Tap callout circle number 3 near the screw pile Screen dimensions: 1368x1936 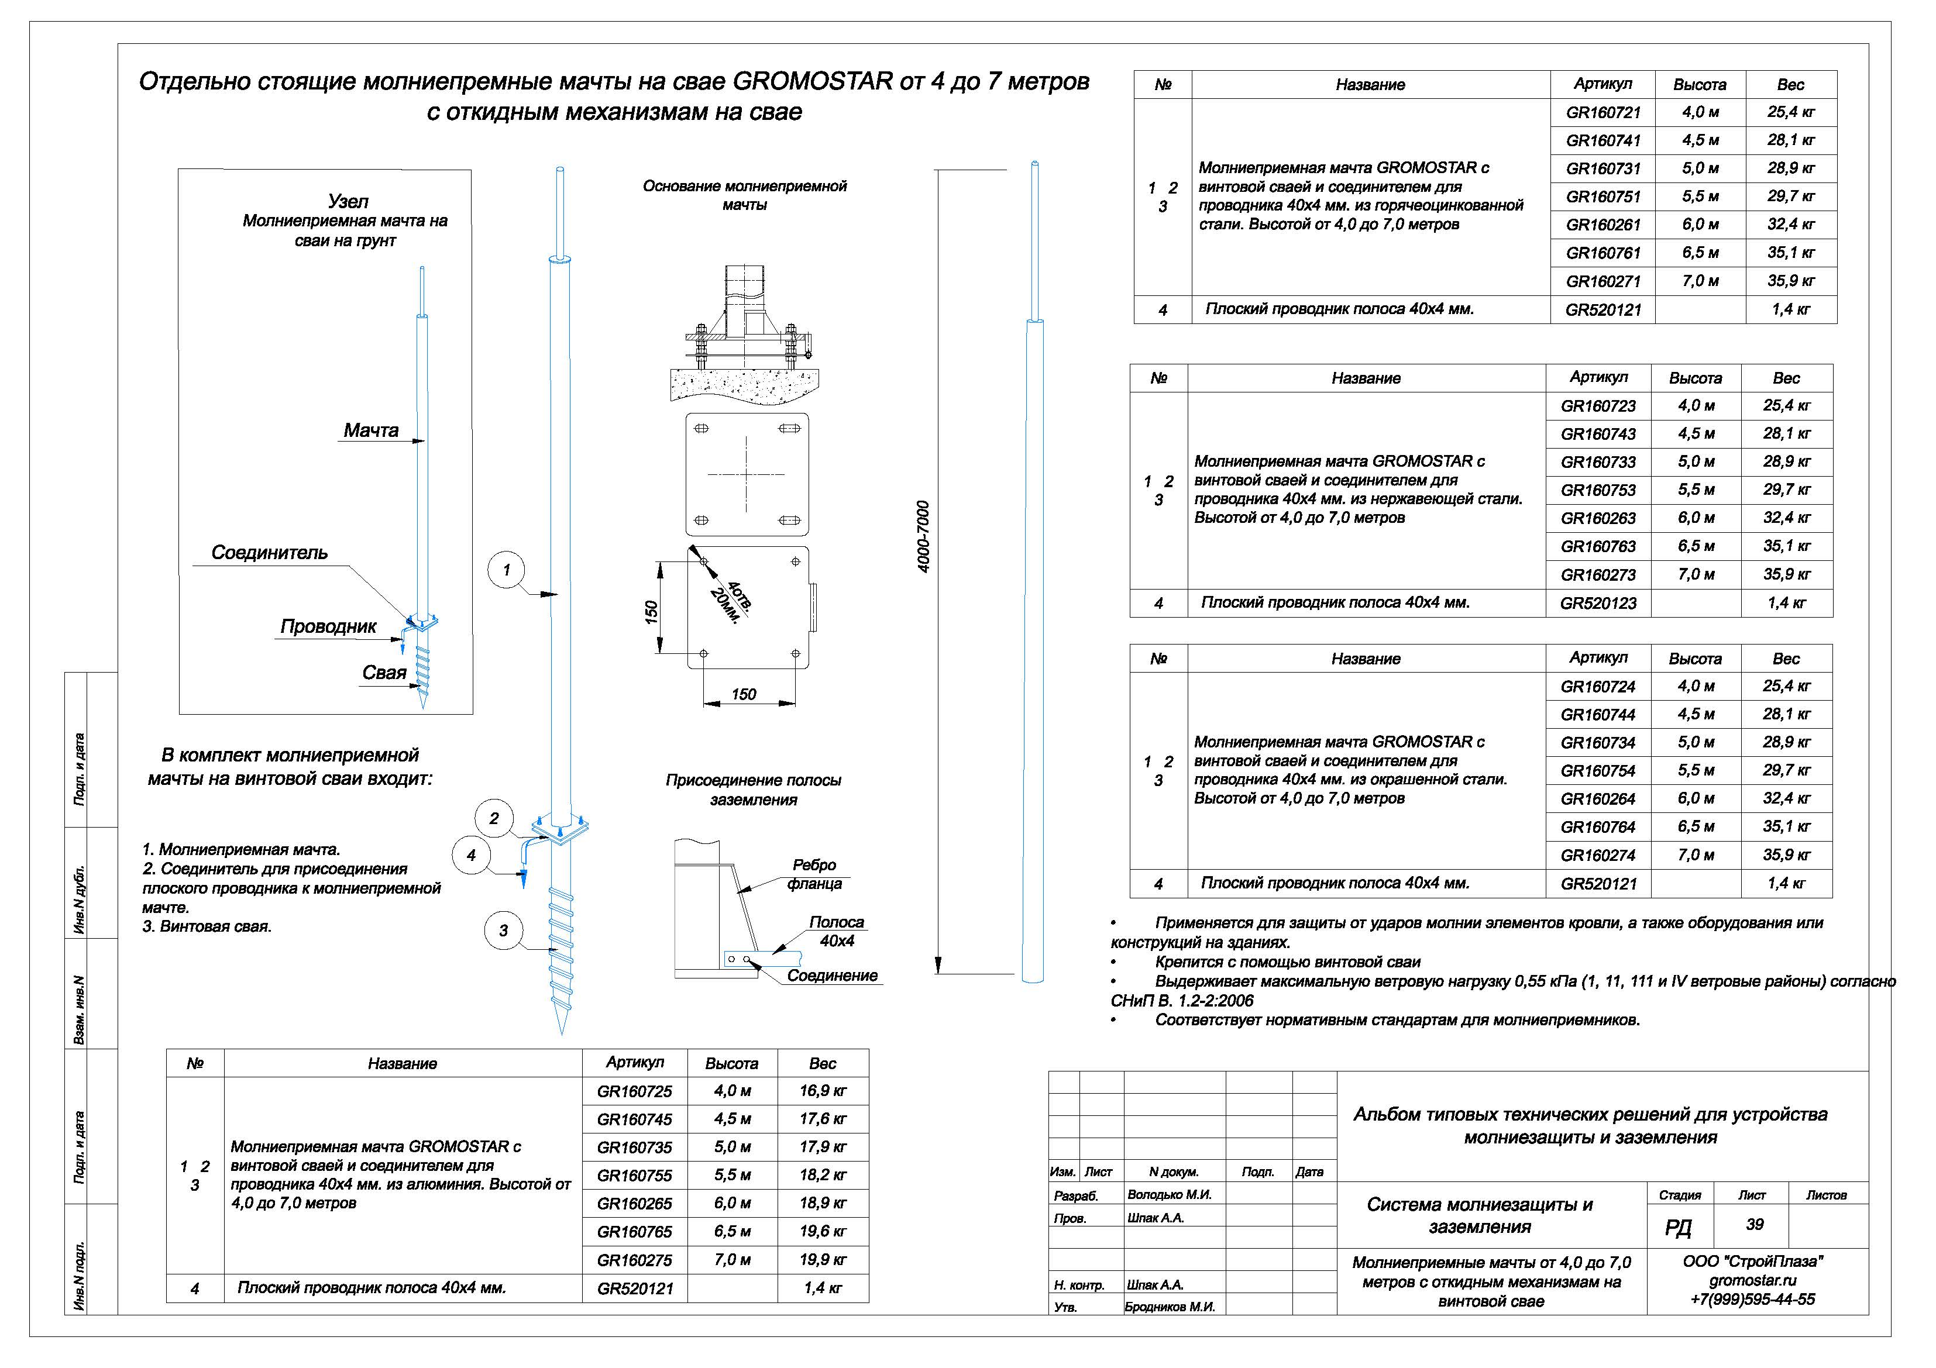503,931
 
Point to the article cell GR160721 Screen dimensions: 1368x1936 1603,112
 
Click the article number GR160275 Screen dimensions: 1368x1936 634,1259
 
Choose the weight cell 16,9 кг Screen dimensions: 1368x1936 822,1091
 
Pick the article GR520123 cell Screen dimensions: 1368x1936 1598,602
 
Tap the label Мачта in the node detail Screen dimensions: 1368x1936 371,430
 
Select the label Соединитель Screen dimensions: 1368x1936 269,553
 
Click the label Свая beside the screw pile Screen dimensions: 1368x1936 384,673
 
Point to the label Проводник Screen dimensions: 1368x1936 328,627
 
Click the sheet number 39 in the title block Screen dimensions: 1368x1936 1755,1225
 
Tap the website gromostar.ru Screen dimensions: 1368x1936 1753,1280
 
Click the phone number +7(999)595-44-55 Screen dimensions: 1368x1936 1753,1299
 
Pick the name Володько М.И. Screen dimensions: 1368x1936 1169,1194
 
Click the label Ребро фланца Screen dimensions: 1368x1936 814,874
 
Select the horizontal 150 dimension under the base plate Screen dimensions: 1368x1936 744,695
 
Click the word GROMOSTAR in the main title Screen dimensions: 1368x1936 812,82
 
